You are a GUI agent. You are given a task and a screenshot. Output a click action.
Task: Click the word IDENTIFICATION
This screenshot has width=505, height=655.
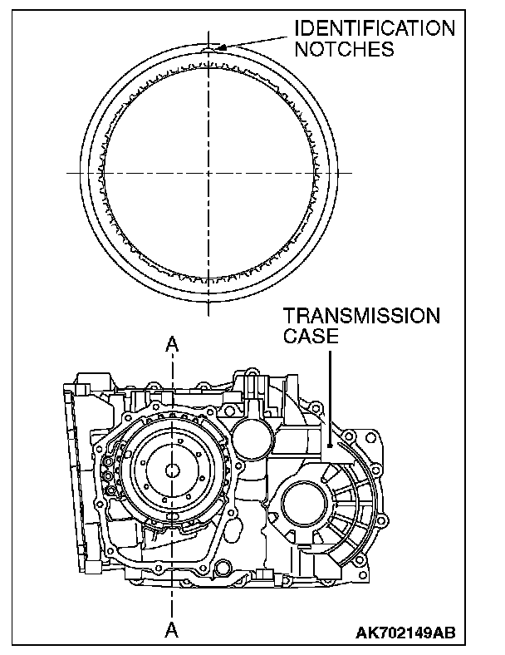point(375,28)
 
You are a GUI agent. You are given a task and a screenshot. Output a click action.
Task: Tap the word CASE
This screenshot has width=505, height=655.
point(311,337)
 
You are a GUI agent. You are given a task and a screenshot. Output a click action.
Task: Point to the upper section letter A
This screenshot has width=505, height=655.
point(172,343)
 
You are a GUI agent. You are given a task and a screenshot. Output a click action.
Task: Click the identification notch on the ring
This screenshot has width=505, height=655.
point(208,49)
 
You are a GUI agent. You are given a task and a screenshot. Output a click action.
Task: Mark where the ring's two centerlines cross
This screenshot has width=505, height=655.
point(208,172)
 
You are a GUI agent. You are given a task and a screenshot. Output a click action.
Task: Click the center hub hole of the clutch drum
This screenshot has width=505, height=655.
point(172,470)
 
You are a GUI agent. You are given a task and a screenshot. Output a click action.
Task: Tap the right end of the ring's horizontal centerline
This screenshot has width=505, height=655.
point(349,172)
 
